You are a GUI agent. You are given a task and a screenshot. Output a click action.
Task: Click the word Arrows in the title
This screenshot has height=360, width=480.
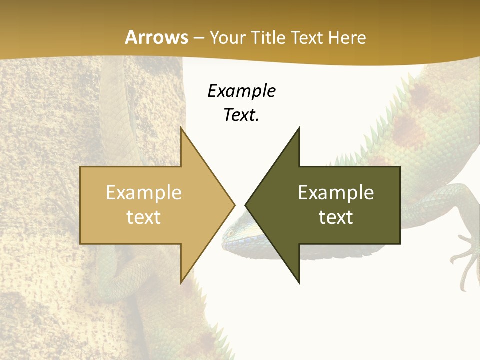pos(156,37)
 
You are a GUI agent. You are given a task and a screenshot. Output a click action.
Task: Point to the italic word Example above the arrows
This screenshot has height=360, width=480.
pos(241,91)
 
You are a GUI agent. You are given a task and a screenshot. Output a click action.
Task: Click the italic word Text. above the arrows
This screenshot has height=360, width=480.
pos(241,115)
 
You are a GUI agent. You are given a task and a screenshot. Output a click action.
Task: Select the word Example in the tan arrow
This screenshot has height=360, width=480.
pos(143,192)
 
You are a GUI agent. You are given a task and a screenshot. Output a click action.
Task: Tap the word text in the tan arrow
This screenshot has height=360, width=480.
pos(143,217)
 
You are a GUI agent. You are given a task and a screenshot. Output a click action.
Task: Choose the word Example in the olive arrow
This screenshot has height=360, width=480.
pos(336,192)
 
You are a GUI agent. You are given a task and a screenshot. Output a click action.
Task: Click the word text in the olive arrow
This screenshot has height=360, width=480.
pos(336,217)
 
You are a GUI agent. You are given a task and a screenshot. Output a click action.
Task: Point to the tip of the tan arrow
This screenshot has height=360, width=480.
pos(234,205)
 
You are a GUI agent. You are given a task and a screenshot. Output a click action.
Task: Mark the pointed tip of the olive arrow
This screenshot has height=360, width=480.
pos(246,205)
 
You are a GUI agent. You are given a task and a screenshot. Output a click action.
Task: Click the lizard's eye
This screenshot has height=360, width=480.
pos(230,233)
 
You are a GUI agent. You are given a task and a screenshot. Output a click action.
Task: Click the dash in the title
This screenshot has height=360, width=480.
pos(198,38)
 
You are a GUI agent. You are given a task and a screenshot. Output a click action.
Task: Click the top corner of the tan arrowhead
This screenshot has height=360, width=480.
pos(181,128)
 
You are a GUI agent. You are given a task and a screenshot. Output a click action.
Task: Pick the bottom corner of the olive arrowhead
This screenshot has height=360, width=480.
pos(299,283)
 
